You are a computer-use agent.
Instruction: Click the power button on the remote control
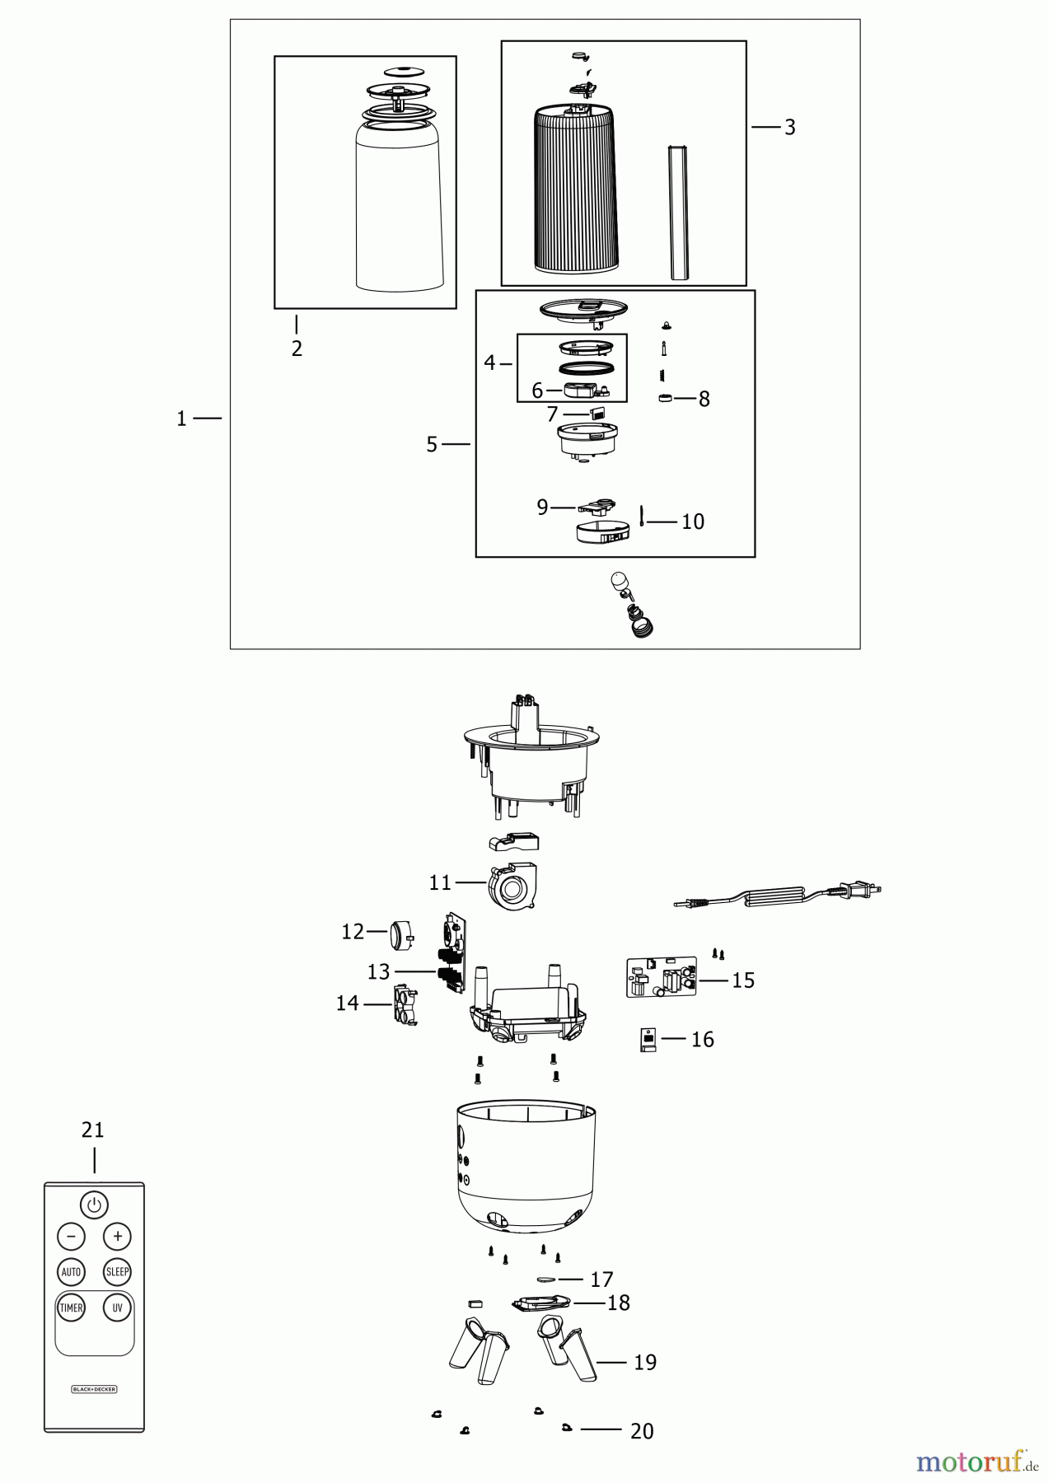(x=94, y=1205)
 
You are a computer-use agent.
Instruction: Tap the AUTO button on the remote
(x=71, y=1271)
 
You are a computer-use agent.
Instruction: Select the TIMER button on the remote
(x=71, y=1308)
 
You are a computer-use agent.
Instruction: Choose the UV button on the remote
(x=117, y=1308)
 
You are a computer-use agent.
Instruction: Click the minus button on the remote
(x=71, y=1236)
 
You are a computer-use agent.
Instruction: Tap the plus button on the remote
(x=117, y=1236)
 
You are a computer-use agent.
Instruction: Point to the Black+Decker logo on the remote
(x=94, y=1388)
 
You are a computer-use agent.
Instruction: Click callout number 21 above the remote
(x=93, y=1130)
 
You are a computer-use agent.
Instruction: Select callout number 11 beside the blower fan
(x=440, y=883)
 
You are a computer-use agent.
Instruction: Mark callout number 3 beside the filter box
(x=789, y=128)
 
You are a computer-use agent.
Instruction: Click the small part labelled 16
(x=648, y=1040)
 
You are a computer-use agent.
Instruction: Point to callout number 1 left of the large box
(x=181, y=419)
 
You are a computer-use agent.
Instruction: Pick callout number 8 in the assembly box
(x=704, y=399)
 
